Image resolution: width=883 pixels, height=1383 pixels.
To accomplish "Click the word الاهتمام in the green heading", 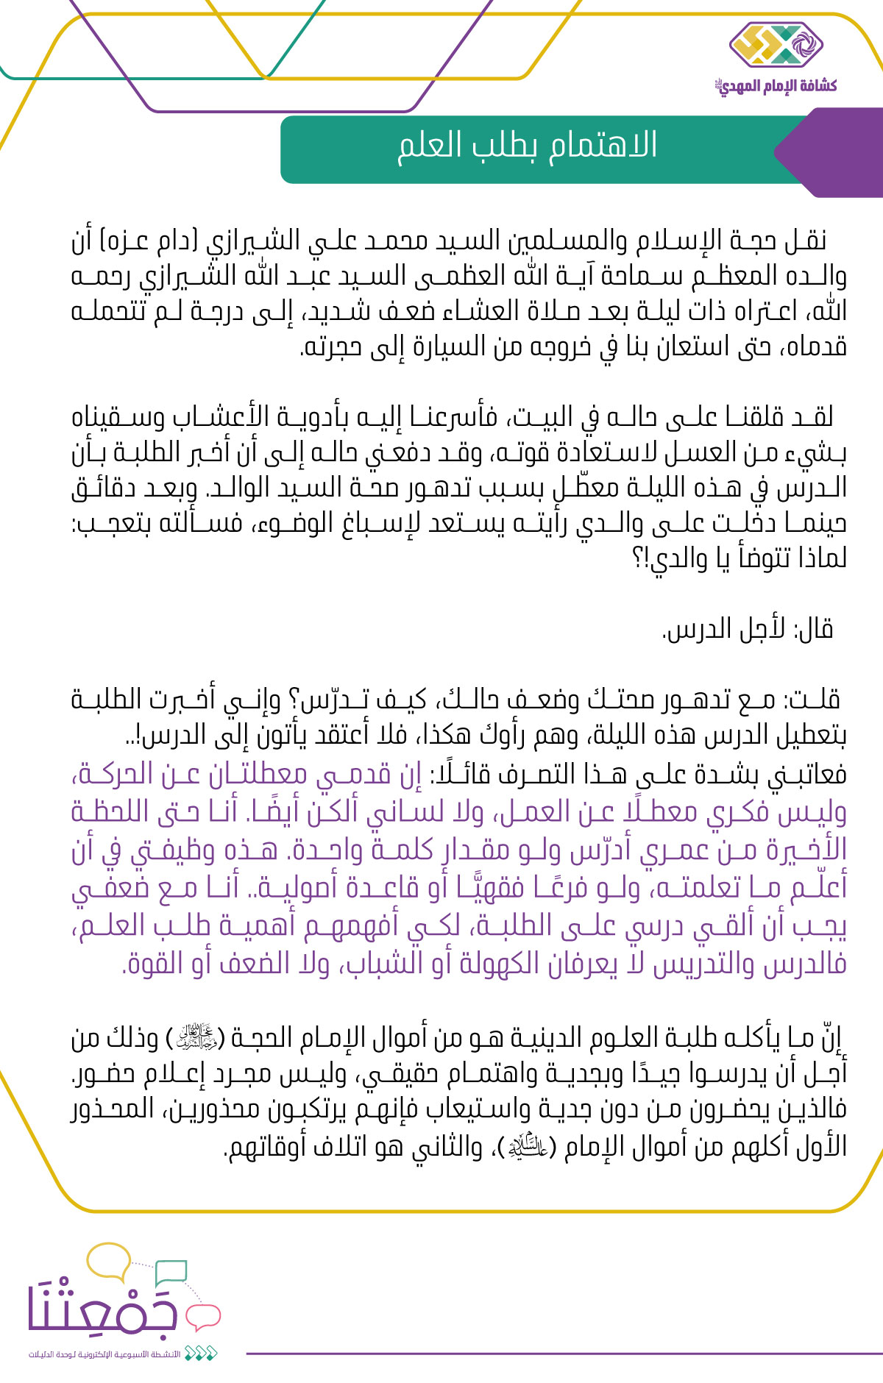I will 603,145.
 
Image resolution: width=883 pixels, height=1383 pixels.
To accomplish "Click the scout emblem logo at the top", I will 776,46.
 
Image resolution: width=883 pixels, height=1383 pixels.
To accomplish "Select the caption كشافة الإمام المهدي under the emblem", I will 776,86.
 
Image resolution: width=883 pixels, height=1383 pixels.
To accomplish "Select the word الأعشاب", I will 219,417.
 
